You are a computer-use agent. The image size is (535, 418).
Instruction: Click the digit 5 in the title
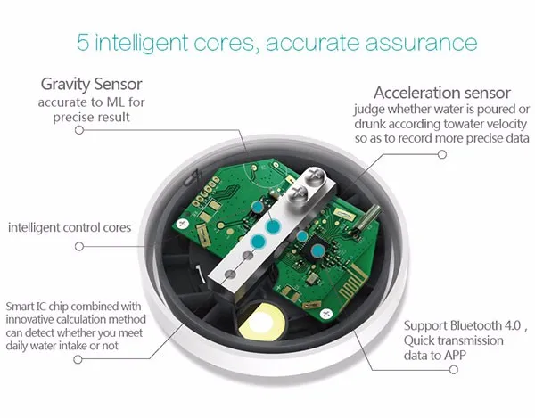point(83,42)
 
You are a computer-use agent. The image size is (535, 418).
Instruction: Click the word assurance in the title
point(421,43)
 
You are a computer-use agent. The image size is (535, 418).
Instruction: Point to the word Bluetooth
point(475,325)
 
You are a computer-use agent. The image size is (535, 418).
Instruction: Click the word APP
point(455,356)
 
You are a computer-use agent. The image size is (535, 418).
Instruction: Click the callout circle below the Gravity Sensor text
point(79,130)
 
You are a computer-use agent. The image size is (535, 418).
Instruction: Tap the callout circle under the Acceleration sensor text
point(442,154)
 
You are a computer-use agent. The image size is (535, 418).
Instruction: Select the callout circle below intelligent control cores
point(79,246)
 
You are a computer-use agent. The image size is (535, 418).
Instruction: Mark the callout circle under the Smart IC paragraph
point(78,359)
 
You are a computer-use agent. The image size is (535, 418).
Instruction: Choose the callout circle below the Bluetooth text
point(454,369)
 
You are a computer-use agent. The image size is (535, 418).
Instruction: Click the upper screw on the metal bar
point(314,176)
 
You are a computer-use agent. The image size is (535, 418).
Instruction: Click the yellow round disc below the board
point(262,324)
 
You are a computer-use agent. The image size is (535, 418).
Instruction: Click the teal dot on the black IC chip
point(318,251)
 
